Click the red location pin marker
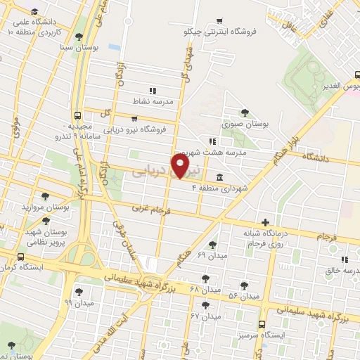click(181, 165)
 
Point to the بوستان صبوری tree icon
click(244, 112)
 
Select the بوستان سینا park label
click(57, 47)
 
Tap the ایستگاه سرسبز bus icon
click(262, 324)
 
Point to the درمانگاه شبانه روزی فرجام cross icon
click(264, 222)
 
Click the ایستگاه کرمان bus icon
click(20, 257)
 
